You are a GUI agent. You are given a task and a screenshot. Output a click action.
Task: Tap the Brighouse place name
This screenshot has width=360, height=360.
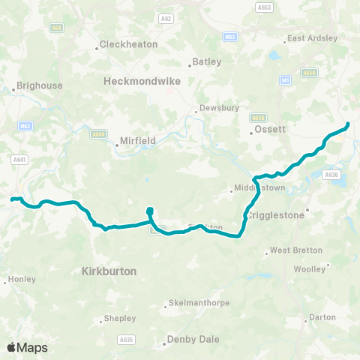click(x=39, y=86)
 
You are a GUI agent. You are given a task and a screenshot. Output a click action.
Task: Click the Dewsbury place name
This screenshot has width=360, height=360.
click(x=221, y=108)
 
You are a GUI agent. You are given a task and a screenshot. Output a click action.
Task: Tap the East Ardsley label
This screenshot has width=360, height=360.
click(x=312, y=38)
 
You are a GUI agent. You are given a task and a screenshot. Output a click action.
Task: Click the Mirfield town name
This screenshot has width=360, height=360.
click(x=137, y=140)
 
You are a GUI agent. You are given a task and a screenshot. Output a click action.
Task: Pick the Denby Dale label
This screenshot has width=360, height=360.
click(x=193, y=339)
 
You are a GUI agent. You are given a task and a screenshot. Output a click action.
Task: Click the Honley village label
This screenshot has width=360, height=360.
click(x=23, y=279)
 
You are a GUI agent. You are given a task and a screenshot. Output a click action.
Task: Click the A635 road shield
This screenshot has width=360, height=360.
click(x=126, y=340)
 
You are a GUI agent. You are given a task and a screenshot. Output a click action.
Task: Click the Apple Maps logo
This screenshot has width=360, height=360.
click(x=27, y=347)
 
